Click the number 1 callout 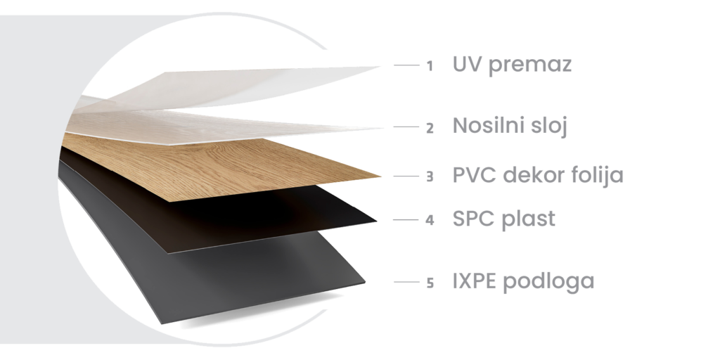(x=430, y=66)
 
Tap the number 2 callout (x=430, y=128)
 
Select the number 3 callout (x=430, y=176)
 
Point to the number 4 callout (x=430, y=220)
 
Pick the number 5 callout (x=430, y=283)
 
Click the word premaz (x=530, y=65)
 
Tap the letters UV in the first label (x=468, y=64)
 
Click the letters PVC (x=475, y=175)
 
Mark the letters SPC (x=475, y=219)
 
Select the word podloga (x=548, y=282)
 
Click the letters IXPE (x=475, y=281)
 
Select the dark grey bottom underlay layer (x=220, y=271)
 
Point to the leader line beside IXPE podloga (x=406, y=282)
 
